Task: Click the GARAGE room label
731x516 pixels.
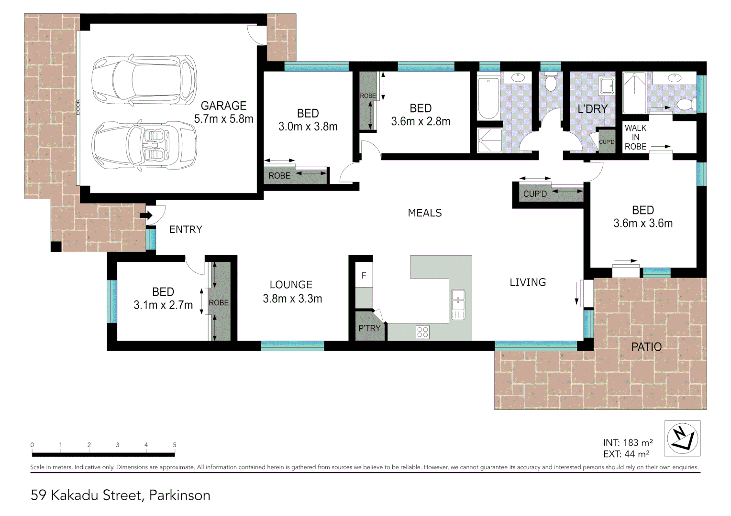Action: tap(223, 106)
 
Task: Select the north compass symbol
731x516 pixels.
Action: tap(682, 438)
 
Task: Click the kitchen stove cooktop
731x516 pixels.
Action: tap(422, 332)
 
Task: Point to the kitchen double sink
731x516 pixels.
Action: tap(458, 304)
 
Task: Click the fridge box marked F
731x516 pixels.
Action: tap(364, 276)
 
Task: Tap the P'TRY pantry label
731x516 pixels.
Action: tap(369, 328)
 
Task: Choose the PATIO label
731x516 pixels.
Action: tap(646, 347)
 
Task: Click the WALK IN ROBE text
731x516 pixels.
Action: tap(635, 137)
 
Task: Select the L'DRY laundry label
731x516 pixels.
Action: tap(592, 109)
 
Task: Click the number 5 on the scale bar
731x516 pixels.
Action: tap(175, 445)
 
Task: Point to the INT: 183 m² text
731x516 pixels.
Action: tap(628, 443)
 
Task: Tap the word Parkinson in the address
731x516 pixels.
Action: tap(179, 495)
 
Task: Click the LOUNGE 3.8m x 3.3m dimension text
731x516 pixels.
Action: tap(292, 299)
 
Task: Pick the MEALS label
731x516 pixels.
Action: tap(425, 213)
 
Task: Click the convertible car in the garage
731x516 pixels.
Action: tap(144, 145)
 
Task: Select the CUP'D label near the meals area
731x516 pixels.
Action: tap(535, 194)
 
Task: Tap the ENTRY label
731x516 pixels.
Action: tap(186, 229)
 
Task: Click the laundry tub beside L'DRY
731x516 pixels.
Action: tap(607, 86)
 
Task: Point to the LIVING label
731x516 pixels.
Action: tap(528, 282)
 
